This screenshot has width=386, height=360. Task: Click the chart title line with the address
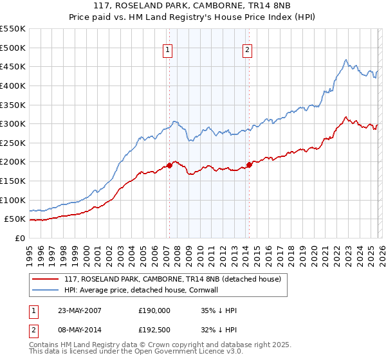[192, 6]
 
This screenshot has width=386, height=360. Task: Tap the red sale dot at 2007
[169, 165]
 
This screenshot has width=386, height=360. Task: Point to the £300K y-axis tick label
[13, 123]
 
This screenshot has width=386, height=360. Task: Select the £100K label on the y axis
[13, 200]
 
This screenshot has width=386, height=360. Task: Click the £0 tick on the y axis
[19, 238]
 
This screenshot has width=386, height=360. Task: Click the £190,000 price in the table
[154, 310]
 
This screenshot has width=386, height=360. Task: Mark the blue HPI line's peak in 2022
[345, 60]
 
